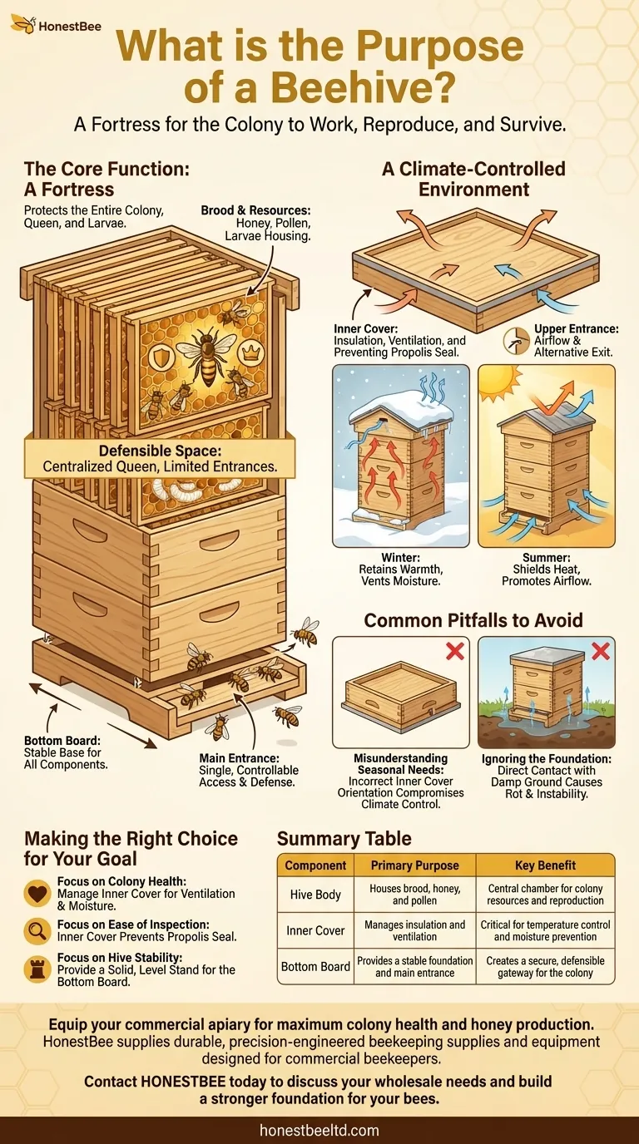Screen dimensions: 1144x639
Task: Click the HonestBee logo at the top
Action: point(56,26)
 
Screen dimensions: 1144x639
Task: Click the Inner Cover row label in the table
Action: point(315,929)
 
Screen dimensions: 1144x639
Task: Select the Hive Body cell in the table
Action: point(315,894)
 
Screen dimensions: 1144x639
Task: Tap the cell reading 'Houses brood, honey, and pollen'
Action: point(414,894)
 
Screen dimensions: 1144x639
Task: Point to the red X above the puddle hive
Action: point(599,650)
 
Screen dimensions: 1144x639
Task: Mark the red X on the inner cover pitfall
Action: point(454,650)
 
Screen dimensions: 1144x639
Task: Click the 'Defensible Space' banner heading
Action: point(160,451)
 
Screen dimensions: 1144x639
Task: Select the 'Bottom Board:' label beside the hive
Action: point(61,740)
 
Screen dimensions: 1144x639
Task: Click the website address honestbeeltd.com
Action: point(319,1130)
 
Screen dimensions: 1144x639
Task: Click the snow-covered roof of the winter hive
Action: point(400,409)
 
